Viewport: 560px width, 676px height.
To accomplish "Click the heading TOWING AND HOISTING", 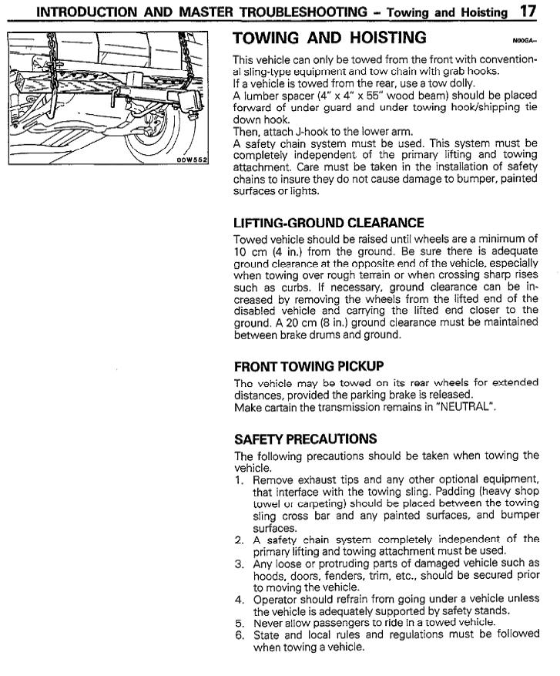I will point(329,38).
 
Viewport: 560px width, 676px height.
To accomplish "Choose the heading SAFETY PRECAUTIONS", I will point(306,439).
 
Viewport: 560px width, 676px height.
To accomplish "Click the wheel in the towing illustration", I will point(158,139).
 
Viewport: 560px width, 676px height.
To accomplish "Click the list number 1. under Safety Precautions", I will point(240,479).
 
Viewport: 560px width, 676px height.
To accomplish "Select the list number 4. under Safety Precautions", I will point(240,598).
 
